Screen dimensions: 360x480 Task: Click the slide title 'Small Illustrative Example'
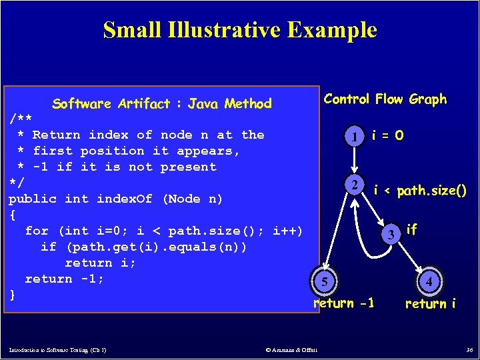[x=240, y=30]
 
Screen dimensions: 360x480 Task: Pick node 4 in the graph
[x=430, y=283]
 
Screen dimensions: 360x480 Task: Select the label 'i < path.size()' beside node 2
[x=420, y=191]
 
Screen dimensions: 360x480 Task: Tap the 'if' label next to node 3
[x=411, y=230]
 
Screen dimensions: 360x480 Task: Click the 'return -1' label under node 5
[x=343, y=303]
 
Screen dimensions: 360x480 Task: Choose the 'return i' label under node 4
[x=431, y=304]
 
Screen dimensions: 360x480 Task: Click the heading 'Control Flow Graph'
[x=385, y=99]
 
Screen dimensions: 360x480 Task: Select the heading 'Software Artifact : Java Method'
[x=162, y=103]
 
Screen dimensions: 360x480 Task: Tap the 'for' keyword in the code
[x=37, y=231]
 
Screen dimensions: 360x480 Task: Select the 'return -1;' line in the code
[x=65, y=279]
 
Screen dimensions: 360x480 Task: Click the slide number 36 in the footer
[x=469, y=350]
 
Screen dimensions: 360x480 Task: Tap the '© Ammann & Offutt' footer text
[x=291, y=350]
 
